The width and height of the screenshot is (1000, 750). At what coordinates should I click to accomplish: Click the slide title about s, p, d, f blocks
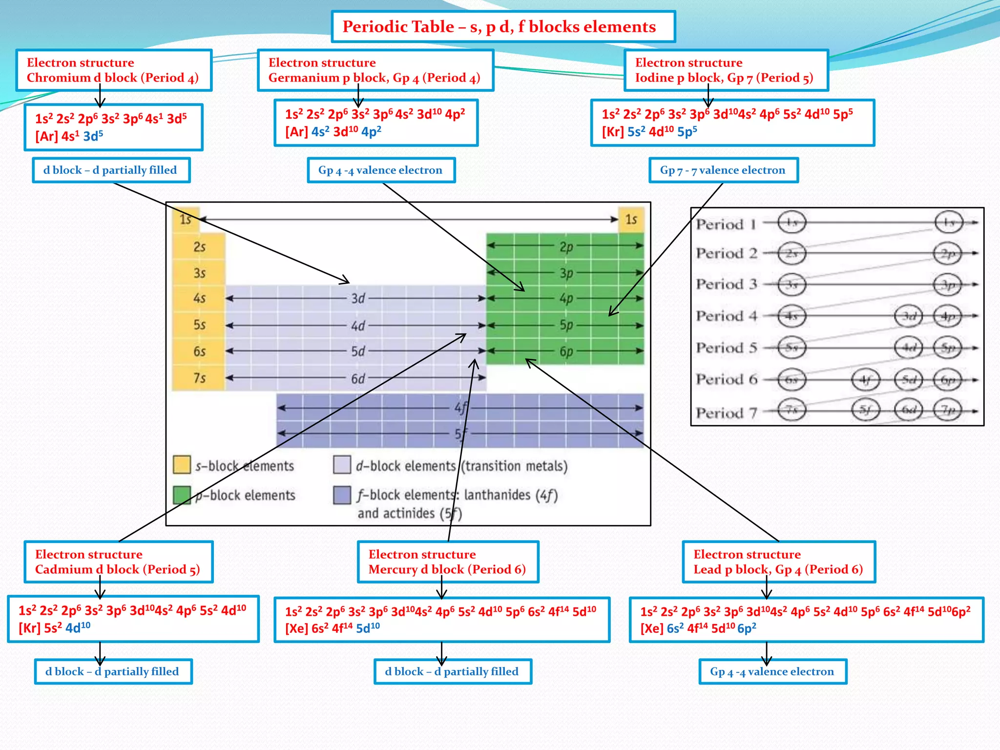[x=499, y=26]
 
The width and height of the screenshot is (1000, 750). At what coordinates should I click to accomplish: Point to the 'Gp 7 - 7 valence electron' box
[x=723, y=170]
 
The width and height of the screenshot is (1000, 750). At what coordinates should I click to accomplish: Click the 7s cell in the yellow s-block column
[x=199, y=378]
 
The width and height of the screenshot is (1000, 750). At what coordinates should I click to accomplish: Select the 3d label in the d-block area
[x=358, y=298]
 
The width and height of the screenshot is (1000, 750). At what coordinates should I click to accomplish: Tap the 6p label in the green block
[x=566, y=352]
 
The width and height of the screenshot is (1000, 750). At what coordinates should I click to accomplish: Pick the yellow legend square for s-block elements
[x=182, y=465]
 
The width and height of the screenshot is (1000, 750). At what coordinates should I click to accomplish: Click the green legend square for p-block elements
[x=182, y=495]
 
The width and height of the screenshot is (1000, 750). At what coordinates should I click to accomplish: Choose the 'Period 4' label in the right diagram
[x=726, y=316]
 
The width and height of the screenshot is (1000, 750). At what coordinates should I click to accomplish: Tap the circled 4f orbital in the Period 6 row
[x=865, y=380]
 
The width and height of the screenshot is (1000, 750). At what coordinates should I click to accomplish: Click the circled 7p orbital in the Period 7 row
[x=947, y=410]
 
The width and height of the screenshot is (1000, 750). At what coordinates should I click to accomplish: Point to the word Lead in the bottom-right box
[x=707, y=569]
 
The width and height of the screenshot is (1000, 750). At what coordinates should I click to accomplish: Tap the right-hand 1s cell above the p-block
[x=631, y=219]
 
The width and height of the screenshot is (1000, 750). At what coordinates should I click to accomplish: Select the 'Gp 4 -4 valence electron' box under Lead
[x=772, y=671]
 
